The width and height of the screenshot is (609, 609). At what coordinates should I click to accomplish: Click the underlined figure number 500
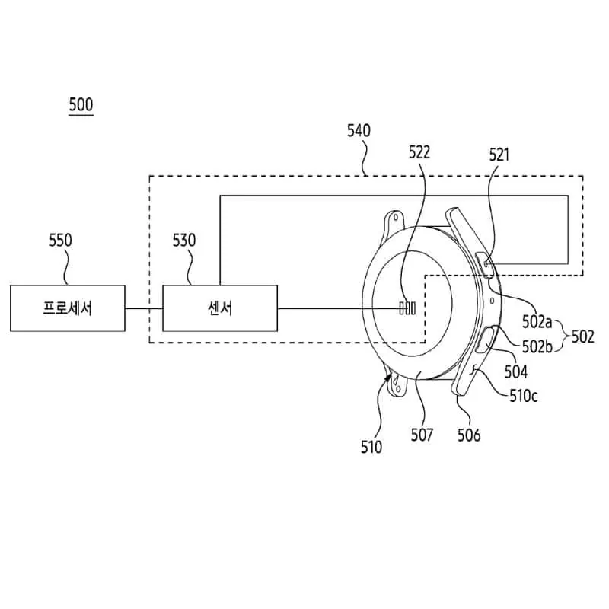pyautogui.click(x=81, y=104)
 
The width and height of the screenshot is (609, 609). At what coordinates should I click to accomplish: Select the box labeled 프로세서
pyautogui.click(x=67, y=308)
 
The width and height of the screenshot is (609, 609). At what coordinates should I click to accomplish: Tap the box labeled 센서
pyautogui.click(x=220, y=308)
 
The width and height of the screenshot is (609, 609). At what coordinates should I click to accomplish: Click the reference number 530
pyautogui.click(x=183, y=241)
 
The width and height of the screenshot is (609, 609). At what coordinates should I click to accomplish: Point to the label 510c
pyautogui.click(x=524, y=396)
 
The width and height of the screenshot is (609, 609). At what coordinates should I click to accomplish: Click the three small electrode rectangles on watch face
pyautogui.click(x=407, y=308)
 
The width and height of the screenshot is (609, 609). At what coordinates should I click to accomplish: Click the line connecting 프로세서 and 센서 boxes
pyautogui.click(x=144, y=308)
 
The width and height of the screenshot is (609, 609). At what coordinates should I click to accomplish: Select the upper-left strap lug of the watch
pyautogui.click(x=394, y=222)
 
